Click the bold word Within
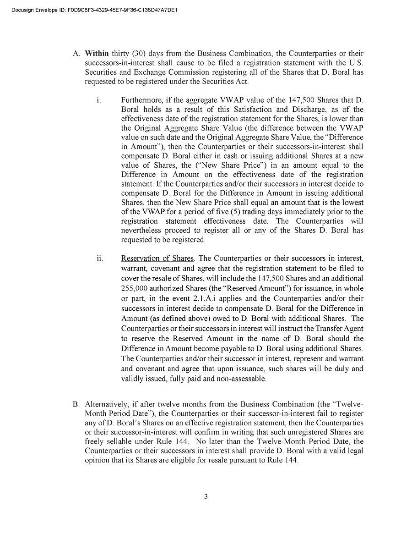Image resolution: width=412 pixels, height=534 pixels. (97, 54)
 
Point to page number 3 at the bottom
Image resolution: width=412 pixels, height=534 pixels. (206, 496)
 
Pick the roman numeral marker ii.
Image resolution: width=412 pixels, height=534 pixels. (100, 259)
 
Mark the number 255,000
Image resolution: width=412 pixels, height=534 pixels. (135, 288)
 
